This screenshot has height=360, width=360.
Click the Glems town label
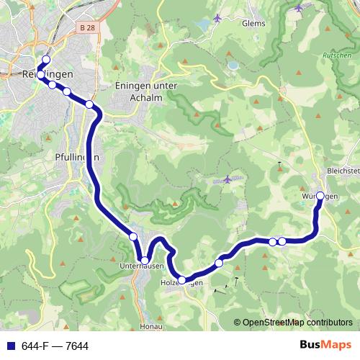pos(254,23)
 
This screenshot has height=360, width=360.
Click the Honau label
pos(149,326)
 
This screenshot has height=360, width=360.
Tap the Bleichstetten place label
pos(344,172)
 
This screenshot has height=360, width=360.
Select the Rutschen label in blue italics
pos(337,55)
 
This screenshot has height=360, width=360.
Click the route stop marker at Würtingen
pos(320,195)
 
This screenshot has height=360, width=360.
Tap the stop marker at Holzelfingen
pos(182,280)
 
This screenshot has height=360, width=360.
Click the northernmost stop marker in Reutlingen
pos(46,60)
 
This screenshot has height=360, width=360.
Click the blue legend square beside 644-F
pos(10,346)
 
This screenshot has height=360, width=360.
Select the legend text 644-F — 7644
pos(55,346)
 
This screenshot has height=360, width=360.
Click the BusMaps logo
pos(325,346)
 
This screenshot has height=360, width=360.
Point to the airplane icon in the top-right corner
pos(299,8)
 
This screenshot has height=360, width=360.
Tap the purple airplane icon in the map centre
pos(228,179)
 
